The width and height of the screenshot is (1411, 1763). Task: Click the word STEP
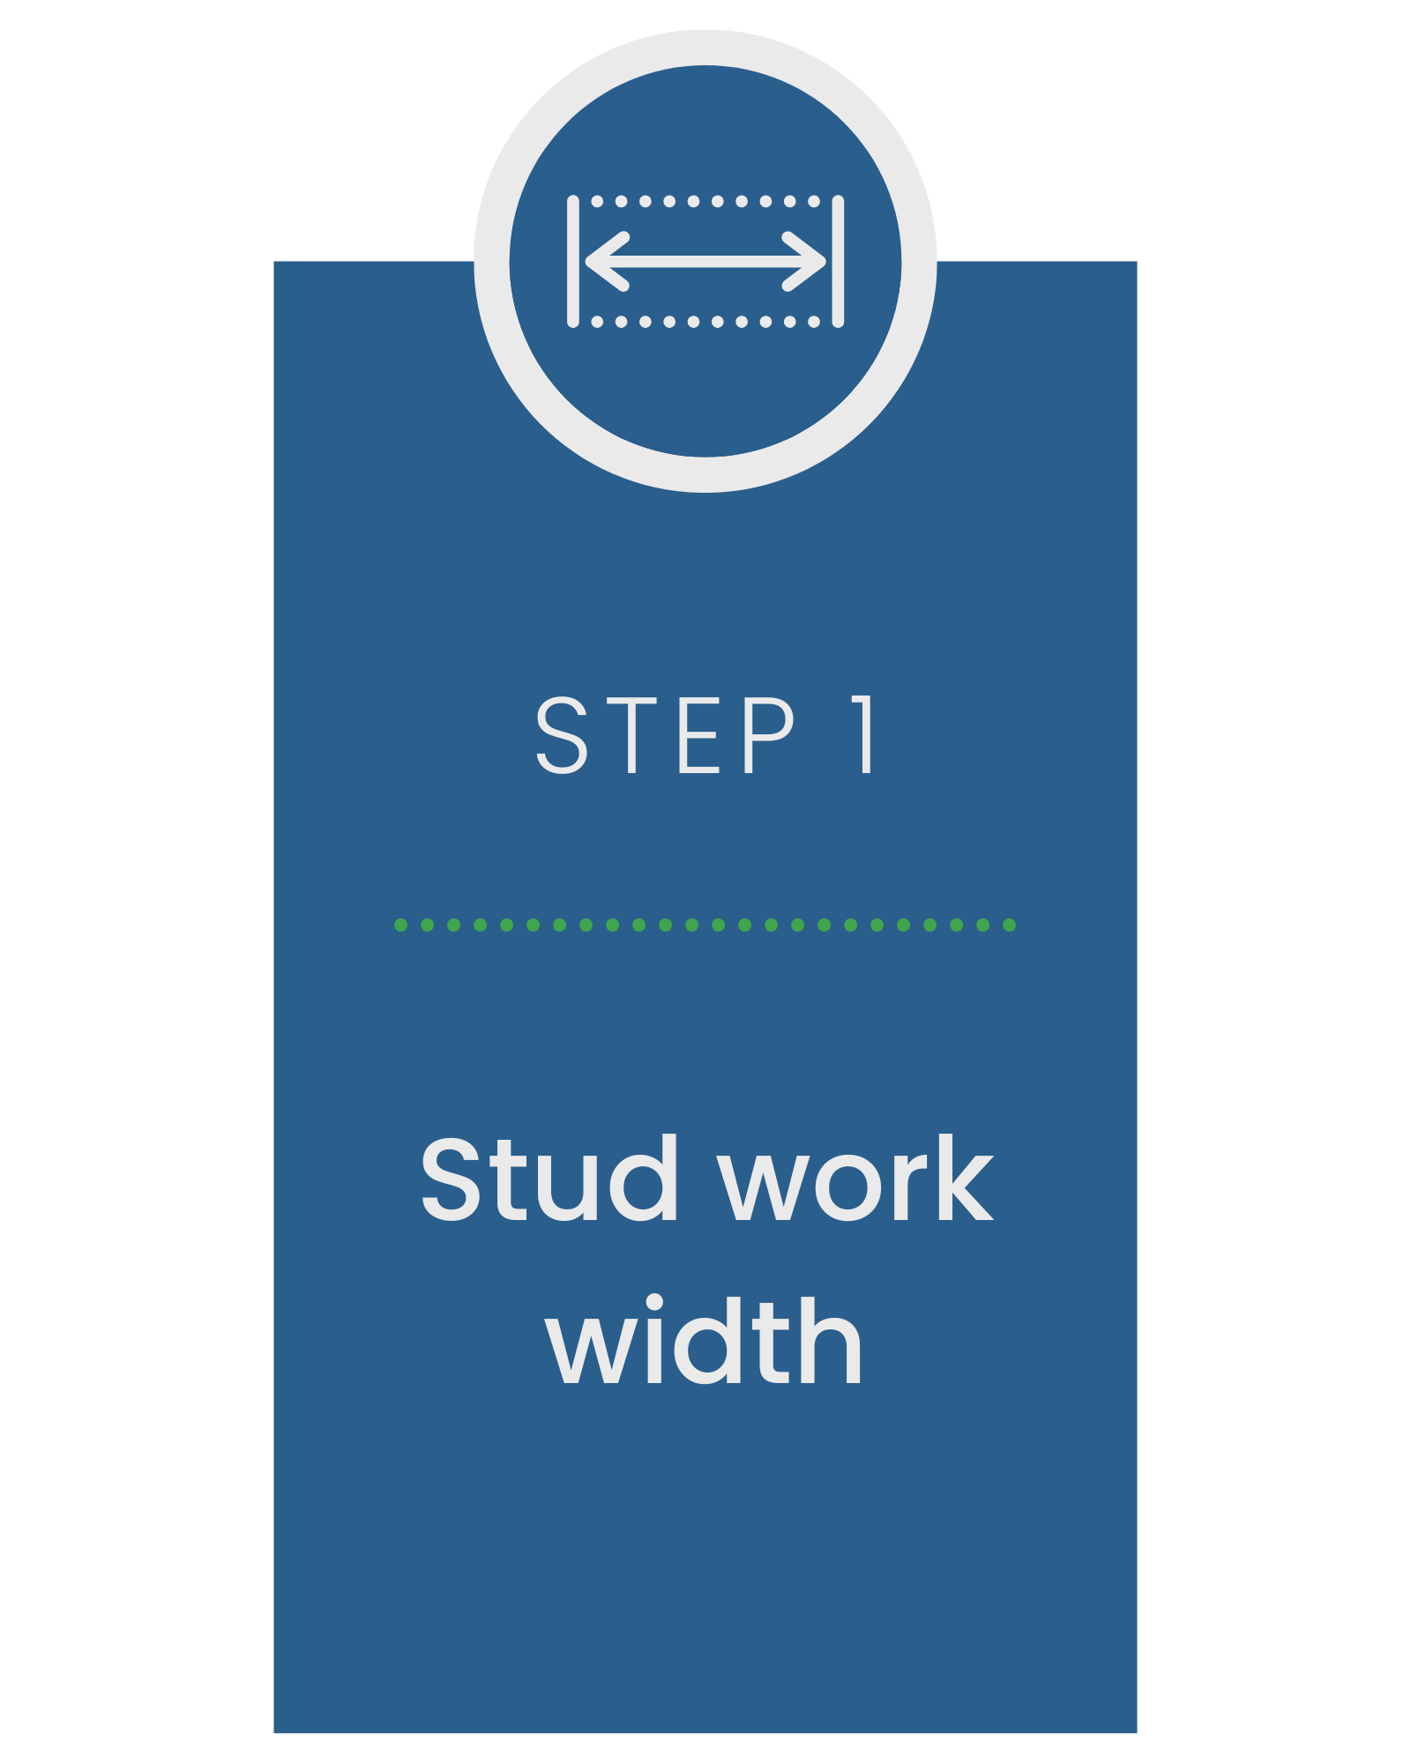click(x=666, y=735)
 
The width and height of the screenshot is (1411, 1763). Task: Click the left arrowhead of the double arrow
click(x=604, y=262)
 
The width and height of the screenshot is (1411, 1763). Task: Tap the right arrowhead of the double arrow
click(x=807, y=262)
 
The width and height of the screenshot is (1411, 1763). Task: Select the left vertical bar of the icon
click(x=573, y=262)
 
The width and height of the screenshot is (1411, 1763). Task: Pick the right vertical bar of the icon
click(x=838, y=262)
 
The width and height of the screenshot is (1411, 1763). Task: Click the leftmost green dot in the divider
click(x=401, y=925)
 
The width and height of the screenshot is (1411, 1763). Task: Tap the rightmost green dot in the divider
click(x=1010, y=925)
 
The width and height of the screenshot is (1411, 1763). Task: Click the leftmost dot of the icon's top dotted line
click(x=598, y=202)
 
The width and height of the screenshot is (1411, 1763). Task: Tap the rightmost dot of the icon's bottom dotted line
click(x=814, y=322)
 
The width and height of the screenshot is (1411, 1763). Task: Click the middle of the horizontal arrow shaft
click(x=705, y=262)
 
